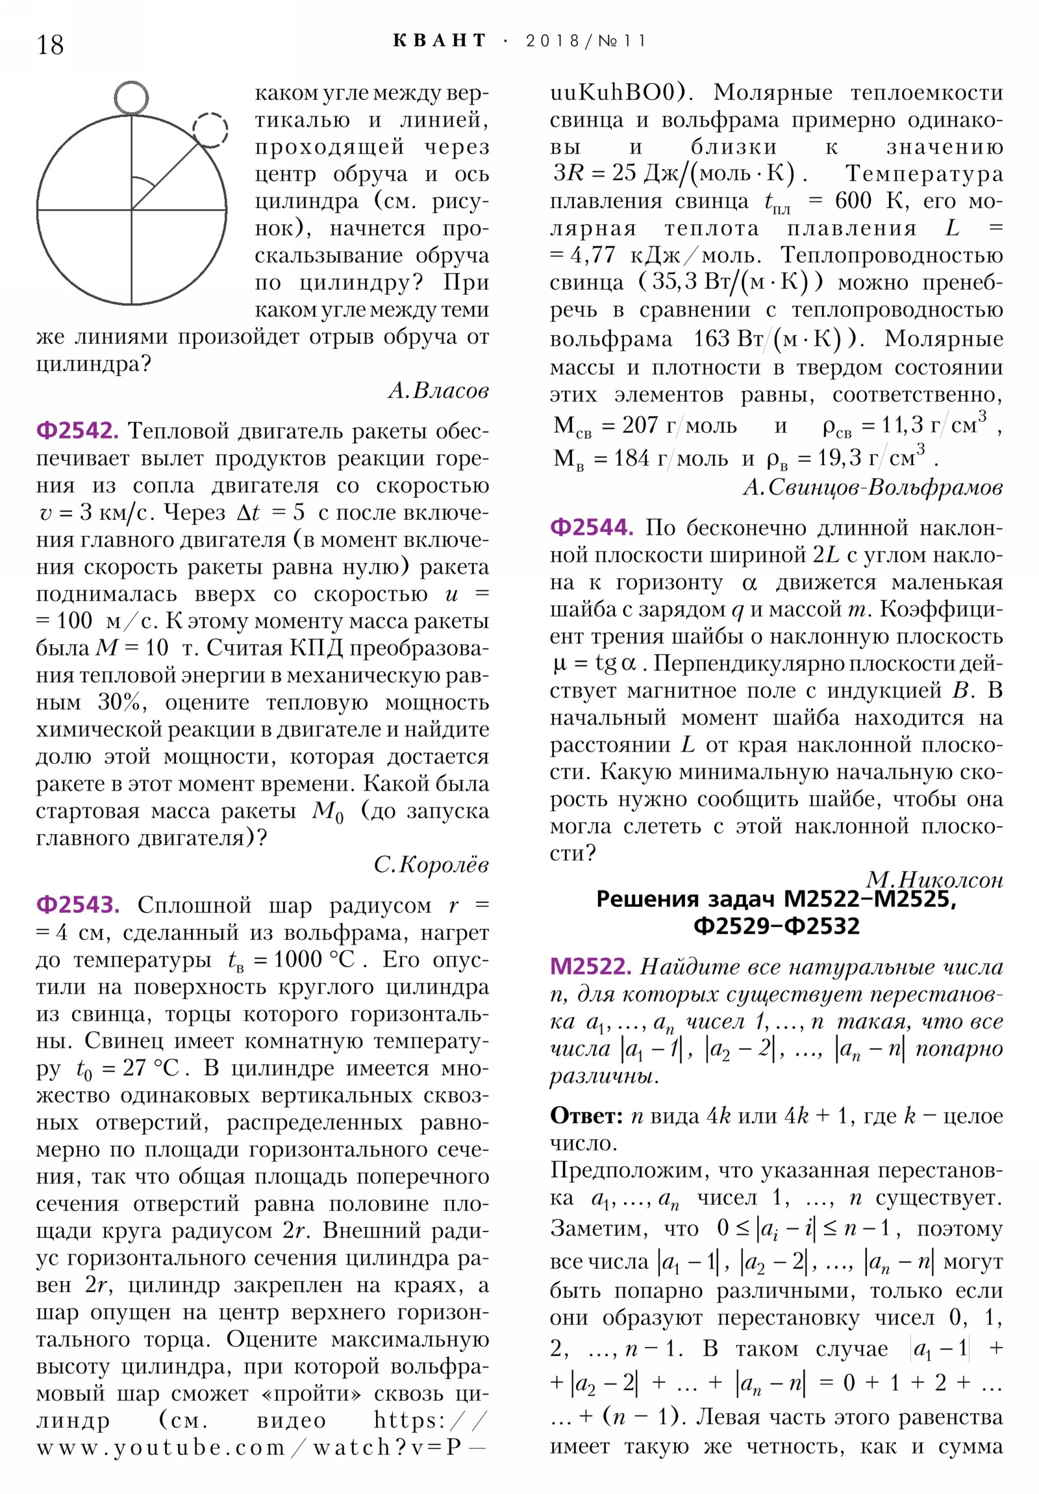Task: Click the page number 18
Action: point(50,45)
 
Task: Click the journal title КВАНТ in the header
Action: point(440,40)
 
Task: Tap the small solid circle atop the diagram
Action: point(132,98)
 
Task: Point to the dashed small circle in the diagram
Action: point(210,129)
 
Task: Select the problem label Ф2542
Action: point(77,431)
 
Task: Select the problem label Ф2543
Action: point(77,904)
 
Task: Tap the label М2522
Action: point(590,967)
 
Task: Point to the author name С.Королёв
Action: point(431,864)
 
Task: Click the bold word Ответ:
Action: point(587,1116)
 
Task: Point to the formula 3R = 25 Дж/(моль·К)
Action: point(673,173)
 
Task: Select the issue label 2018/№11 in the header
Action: point(586,41)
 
